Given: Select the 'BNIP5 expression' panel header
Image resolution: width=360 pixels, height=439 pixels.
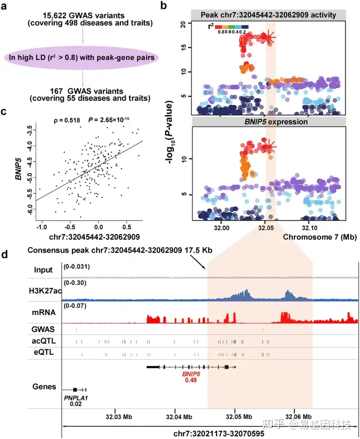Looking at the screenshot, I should (269, 121).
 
